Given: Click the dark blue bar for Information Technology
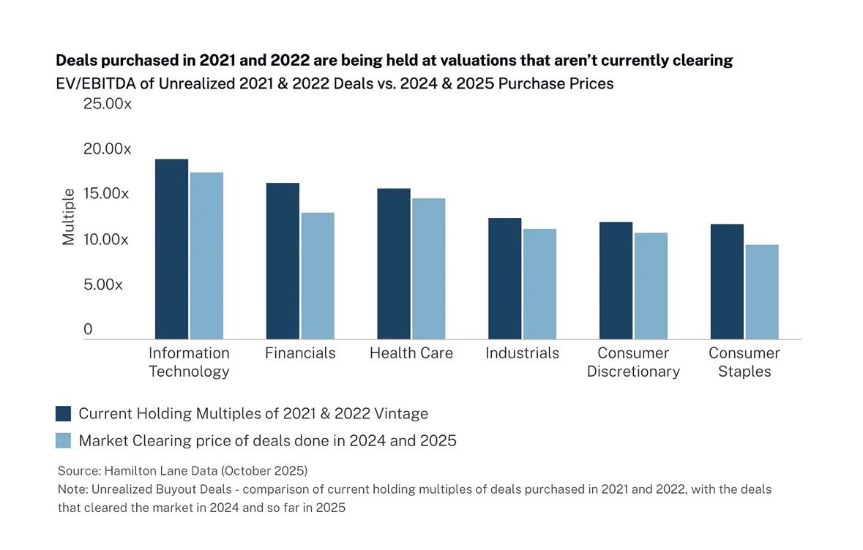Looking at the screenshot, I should point(171,249).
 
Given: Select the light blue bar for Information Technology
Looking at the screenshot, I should point(206,255).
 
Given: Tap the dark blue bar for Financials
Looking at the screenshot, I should point(283,260).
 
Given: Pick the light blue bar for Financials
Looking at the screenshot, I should point(317,276).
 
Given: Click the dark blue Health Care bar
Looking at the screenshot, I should point(394,263).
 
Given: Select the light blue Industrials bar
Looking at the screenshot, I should point(539,284).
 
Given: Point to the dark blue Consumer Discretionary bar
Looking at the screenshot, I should point(616,280).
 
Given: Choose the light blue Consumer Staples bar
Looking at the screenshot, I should point(761,291).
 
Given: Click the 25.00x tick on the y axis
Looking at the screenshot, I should point(107,104).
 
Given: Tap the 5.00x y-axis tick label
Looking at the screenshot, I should point(103,285).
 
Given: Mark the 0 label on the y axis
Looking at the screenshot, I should point(88,330).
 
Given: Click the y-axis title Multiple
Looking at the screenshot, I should point(68,216).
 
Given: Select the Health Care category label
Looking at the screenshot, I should point(411,353).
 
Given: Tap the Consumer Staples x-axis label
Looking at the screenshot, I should point(744,362).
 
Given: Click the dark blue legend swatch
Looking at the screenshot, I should point(64,413).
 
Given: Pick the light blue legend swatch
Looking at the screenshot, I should point(64,440).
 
